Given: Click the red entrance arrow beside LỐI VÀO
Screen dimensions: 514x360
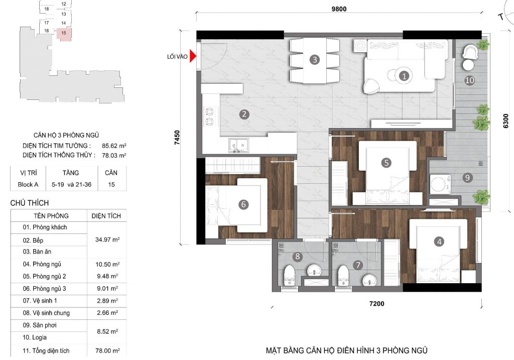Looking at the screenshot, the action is click(x=193, y=56).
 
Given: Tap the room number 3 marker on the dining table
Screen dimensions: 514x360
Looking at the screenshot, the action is click(x=315, y=60).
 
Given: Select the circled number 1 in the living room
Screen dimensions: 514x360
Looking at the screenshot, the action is click(x=404, y=76).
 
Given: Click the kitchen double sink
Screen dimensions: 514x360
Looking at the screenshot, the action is click(x=238, y=145).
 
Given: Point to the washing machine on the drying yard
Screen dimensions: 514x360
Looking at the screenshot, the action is click(x=440, y=184).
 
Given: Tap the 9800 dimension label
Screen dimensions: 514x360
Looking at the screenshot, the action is click(x=339, y=9).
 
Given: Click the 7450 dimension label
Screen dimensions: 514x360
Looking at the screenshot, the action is click(x=177, y=138).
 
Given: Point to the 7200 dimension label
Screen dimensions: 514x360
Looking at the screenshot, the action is click(x=376, y=304).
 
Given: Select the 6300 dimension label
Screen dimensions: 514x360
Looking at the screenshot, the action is click(x=506, y=121).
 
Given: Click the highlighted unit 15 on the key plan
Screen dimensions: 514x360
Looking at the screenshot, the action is click(x=64, y=34).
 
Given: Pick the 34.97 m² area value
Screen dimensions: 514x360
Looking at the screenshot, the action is click(x=107, y=239).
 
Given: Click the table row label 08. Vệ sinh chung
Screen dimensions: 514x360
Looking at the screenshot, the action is click(x=46, y=313).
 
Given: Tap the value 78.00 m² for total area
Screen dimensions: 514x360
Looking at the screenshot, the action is click(x=107, y=350).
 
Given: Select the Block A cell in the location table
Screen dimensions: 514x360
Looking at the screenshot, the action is click(x=28, y=185).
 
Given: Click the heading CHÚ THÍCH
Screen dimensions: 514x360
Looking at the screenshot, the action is click(x=30, y=203).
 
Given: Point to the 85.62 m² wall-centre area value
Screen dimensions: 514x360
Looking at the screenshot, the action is click(x=114, y=146).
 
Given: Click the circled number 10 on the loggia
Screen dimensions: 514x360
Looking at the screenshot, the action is click(x=469, y=80).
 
